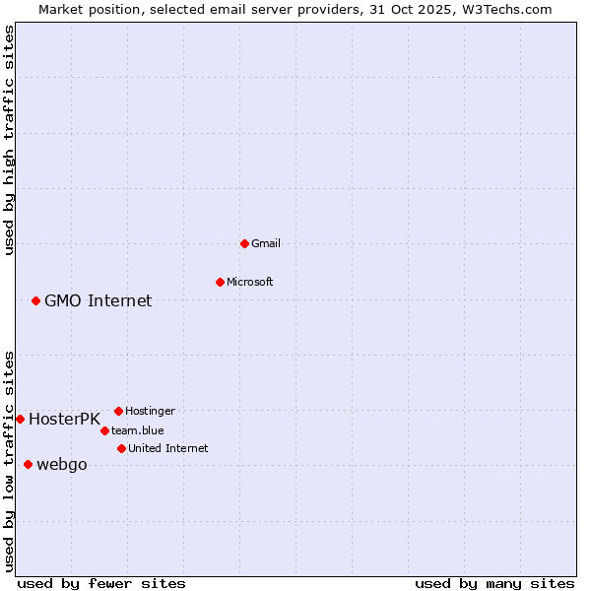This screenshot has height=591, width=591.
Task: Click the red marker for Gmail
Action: point(244,243)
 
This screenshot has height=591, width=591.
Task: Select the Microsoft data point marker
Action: point(220,282)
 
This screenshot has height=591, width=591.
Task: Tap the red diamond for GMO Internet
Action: point(35,300)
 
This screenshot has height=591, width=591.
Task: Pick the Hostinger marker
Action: point(118,411)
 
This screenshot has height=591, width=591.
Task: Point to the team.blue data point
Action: point(104,430)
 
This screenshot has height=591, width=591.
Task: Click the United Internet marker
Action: point(121,448)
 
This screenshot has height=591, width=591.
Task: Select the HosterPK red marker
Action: point(20,419)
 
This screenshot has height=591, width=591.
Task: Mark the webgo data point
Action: point(28,464)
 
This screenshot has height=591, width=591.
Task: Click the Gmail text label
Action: point(266,243)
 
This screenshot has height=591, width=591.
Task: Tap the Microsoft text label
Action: point(250,282)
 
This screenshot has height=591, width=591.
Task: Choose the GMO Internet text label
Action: point(98,300)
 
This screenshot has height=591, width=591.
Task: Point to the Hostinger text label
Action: point(150,411)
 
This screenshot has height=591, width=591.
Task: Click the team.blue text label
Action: point(138,430)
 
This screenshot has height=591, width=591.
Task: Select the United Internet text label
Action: point(168,448)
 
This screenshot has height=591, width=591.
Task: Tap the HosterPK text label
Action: point(64,419)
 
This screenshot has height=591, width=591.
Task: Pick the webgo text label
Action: point(62,465)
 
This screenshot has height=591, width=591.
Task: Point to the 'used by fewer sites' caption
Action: point(101,583)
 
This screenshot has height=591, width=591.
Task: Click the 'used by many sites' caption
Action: point(494,583)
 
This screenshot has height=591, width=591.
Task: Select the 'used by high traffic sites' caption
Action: point(9,140)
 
